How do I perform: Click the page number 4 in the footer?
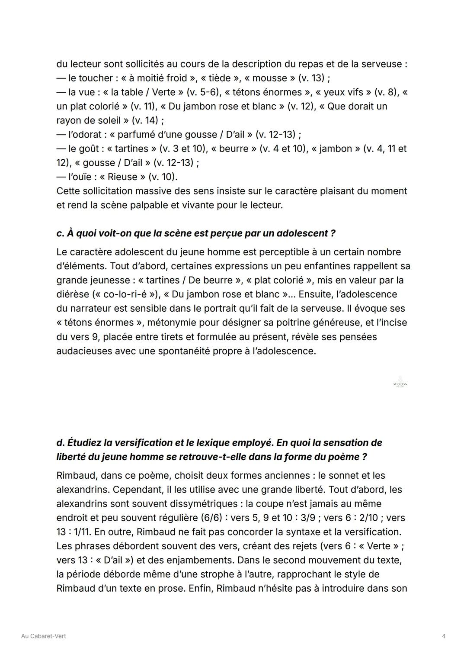pyautogui.click(x=444, y=636)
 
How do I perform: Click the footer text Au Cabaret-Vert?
pyautogui.click(x=44, y=636)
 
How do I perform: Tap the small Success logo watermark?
pyautogui.click(x=400, y=383)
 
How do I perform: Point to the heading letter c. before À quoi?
pyautogui.click(x=60, y=233)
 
